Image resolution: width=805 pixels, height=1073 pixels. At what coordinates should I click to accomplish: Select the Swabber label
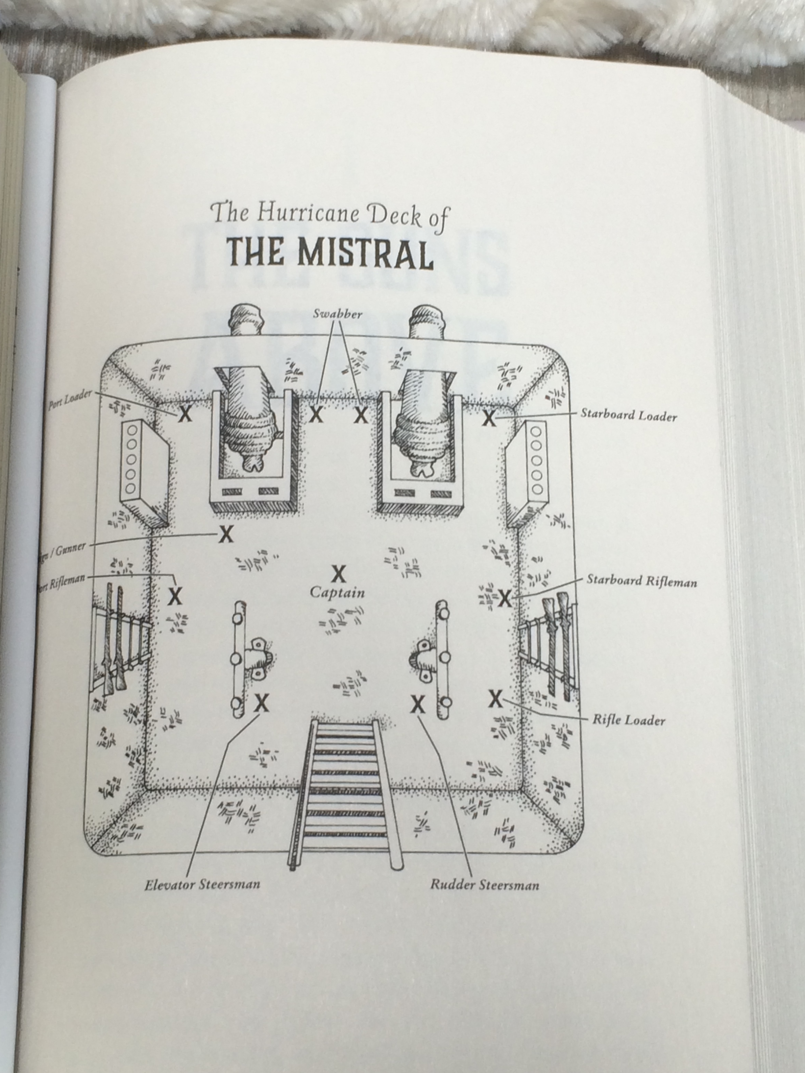338,314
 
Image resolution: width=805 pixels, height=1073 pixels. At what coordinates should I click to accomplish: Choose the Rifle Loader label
628,720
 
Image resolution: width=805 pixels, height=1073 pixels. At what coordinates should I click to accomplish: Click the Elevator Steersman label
202,884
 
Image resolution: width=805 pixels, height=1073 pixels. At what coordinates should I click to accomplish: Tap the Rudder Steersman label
484,885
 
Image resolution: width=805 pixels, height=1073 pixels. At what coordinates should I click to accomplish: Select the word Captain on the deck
337,592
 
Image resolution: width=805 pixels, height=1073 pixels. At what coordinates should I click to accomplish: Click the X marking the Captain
338,574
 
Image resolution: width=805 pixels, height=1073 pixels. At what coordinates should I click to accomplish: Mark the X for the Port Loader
184,414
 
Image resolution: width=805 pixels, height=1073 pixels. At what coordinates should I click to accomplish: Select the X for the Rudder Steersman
417,704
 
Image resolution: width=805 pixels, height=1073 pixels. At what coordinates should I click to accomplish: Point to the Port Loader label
70,400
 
